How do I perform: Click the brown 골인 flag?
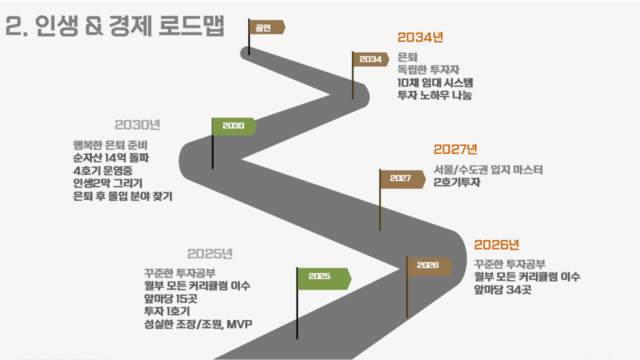[267, 27]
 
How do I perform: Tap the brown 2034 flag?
[371, 59]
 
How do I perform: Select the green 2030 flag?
[234, 126]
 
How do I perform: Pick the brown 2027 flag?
[403, 179]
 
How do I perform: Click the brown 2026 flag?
[430, 266]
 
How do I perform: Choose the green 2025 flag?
[324, 278]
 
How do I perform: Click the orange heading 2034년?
[421, 37]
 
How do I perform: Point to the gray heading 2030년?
[137, 125]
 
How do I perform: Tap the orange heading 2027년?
[455, 149]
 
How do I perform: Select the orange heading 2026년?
[496, 245]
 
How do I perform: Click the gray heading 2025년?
[210, 254]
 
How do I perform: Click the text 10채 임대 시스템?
[435, 83]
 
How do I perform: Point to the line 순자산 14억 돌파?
[111, 158]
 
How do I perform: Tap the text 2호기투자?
[457, 182]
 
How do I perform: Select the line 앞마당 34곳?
[503, 289]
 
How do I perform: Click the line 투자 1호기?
[167, 311]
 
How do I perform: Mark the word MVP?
[239, 324]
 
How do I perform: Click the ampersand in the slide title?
[94, 26]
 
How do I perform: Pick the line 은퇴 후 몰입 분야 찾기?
[123, 196]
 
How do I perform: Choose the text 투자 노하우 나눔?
[435, 95]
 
